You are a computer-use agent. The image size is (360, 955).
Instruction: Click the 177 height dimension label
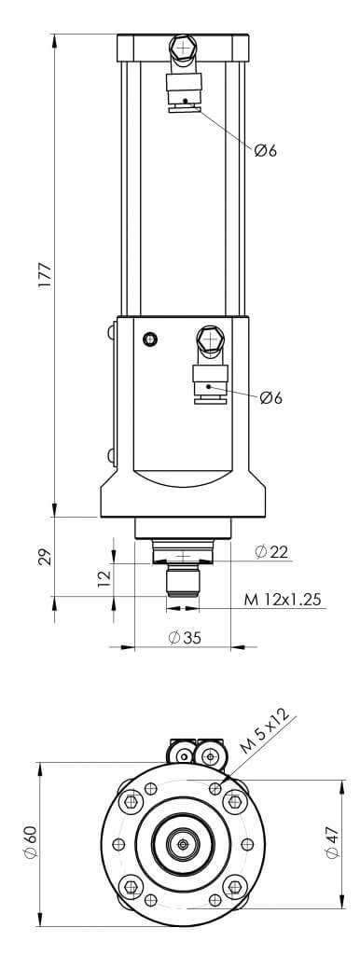point(46,275)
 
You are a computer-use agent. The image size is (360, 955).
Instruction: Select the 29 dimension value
point(46,558)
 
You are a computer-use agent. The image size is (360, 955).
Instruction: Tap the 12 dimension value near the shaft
point(104,574)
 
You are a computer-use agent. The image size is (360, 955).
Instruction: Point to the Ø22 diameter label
point(271,552)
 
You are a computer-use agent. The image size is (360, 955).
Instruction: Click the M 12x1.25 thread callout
point(282,600)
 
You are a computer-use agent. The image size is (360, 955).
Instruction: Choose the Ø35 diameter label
point(184,638)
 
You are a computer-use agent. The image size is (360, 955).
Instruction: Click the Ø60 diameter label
point(31,842)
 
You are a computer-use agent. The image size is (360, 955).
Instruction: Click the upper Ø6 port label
point(266,150)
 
